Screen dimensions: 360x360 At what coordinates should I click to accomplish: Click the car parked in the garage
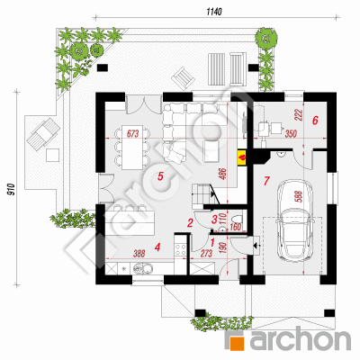pyautogui.click(x=295, y=220)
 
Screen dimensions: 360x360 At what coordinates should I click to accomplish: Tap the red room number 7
pyautogui.click(x=266, y=181)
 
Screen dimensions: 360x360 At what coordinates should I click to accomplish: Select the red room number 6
pyautogui.click(x=315, y=121)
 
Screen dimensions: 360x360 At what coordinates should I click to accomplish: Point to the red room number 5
pyautogui.click(x=160, y=176)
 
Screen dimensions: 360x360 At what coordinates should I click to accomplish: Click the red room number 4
pyautogui.click(x=157, y=247)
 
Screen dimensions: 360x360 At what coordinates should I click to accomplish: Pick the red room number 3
pyautogui.click(x=214, y=220)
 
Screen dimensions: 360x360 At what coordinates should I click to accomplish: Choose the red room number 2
pyautogui.click(x=190, y=223)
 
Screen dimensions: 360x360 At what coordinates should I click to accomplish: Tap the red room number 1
pyautogui.click(x=212, y=241)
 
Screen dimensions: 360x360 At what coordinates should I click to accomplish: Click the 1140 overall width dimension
pyautogui.click(x=214, y=12)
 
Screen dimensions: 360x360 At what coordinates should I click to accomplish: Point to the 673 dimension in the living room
pyautogui.click(x=132, y=133)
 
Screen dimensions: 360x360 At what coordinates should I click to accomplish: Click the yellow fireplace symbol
pyautogui.click(x=242, y=157)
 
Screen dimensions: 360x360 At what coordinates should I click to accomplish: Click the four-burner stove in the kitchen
pyautogui.click(x=180, y=249)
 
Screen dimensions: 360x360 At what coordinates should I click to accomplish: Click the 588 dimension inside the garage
pyautogui.click(x=299, y=196)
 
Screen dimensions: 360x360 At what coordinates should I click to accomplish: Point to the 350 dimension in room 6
pyautogui.click(x=290, y=134)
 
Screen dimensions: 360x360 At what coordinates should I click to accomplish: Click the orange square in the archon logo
pyautogui.click(x=236, y=340)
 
